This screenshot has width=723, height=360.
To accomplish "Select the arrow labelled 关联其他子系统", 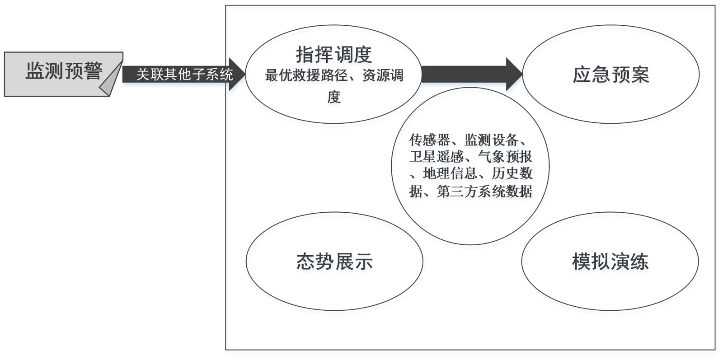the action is click(x=184, y=74).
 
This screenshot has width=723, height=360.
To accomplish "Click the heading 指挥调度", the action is click(x=334, y=55).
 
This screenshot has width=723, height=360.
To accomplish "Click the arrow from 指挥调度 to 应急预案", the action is click(x=470, y=74).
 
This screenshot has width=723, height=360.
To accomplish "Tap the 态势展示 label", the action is click(x=334, y=262).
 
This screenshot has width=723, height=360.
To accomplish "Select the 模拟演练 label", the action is click(x=610, y=262).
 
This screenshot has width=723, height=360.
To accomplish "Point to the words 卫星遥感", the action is click(x=437, y=157).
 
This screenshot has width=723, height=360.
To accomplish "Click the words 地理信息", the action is click(x=450, y=173).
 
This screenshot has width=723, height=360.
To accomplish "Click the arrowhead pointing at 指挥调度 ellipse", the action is click(x=237, y=74).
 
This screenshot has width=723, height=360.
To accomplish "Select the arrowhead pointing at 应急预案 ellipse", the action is click(x=514, y=74).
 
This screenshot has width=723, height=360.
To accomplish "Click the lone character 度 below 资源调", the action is click(x=334, y=97).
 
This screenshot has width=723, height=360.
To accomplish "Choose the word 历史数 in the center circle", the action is click(x=512, y=173).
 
